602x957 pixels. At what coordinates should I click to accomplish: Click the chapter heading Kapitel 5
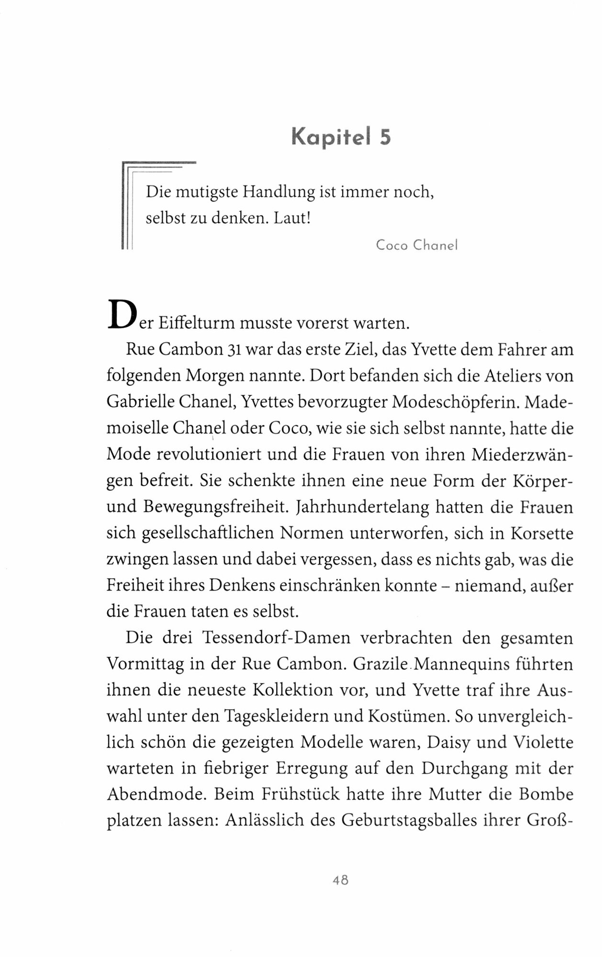tap(341, 138)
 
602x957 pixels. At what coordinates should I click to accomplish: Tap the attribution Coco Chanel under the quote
tap(417, 245)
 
